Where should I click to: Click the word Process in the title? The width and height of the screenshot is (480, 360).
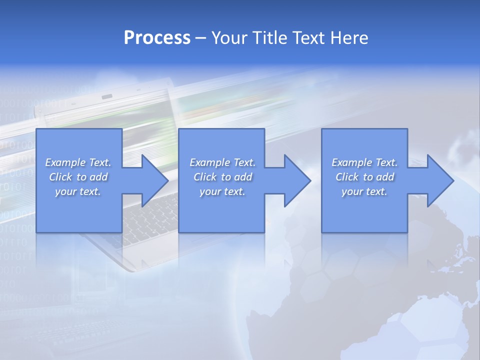pyautogui.click(x=157, y=38)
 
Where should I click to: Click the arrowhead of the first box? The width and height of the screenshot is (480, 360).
pyautogui.click(x=154, y=180)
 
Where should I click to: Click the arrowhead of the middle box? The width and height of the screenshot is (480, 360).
pyautogui.click(x=297, y=180)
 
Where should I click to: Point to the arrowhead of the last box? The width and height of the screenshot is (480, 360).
pyautogui.click(x=440, y=180)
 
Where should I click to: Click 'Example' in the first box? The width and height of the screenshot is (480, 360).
pyautogui.click(x=65, y=162)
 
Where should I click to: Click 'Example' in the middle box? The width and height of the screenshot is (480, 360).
pyautogui.click(x=210, y=162)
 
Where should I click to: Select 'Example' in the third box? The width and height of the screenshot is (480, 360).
pyautogui.click(x=352, y=162)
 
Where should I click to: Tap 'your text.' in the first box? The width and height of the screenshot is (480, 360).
pyautogui.click(x=78, y=191)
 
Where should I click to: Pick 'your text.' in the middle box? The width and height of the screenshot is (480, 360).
pyautogui.click(x=222, y=191)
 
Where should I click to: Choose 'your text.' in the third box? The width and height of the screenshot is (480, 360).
pyautogui.click(x=364, y=191)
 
